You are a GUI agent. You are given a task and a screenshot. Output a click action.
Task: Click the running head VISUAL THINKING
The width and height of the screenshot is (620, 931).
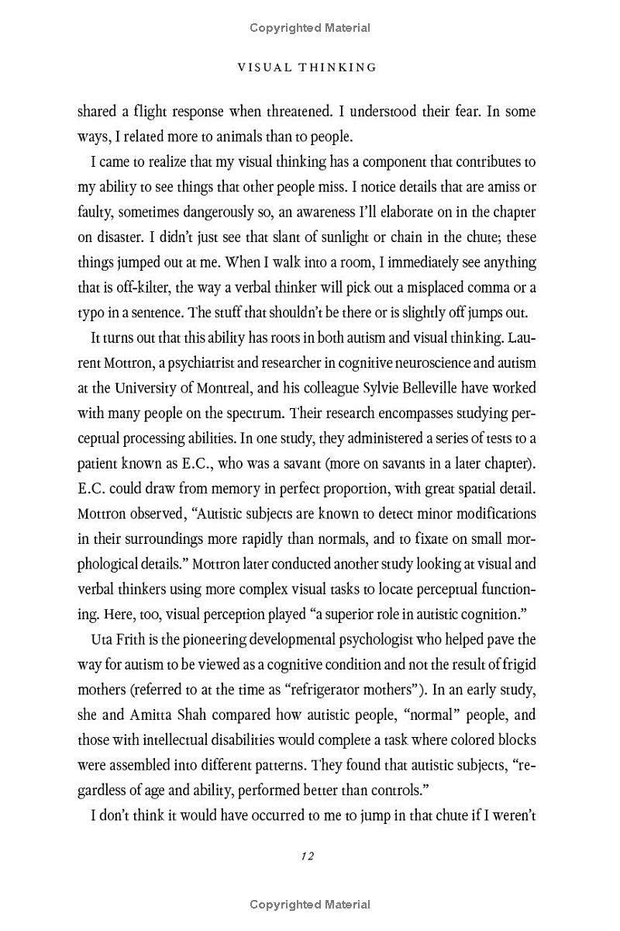tap(307, 67)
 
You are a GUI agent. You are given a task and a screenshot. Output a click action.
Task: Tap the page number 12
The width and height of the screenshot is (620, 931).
tap(307, 856)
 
